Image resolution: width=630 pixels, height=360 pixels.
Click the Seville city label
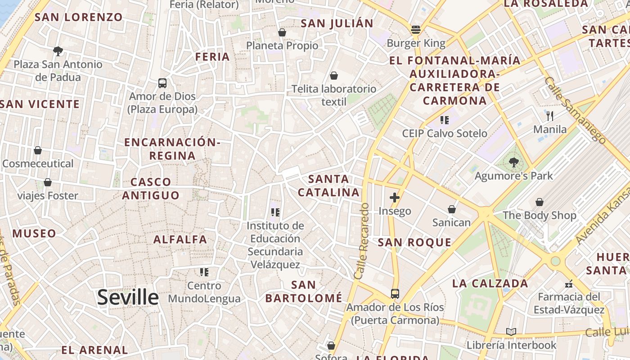pyautogui.click(x=128, y=297)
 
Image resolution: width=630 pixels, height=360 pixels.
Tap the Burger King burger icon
pyautogui.click(x=416, y=30)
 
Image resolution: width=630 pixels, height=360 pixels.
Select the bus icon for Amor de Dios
pyautogui.click(x=162, y=83)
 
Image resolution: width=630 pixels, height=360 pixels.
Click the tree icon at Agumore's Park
pyautogui.click(x=513, y=162)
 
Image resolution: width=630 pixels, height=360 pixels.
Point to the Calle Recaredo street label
pyautogui.click(x=362, y=241)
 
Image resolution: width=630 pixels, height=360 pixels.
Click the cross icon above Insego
pyautogui.click(x=395, y=198)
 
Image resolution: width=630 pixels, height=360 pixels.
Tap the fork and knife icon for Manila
pyautogui.click(x=550, y=116)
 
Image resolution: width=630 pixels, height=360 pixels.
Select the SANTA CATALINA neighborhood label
pyautogui.click(x=328, y=186)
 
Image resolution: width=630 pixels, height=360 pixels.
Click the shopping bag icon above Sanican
pyautogui.click(x=452, y=209)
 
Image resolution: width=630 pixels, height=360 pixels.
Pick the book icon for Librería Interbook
pyautogui.click(x=511, y=332)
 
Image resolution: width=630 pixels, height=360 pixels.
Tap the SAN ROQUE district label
pyautogui.click(x=414, y=243)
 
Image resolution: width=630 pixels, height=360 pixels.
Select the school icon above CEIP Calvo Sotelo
pyautogui.click(x=445, y=120)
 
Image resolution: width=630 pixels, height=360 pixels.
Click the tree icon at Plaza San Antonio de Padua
pyautogui.click(x=58, y=51)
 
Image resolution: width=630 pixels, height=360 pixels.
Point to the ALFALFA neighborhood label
pyautogui.click(x=180, y=239)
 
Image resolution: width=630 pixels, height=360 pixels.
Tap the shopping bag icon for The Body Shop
pyautogui.click(x=539, y=202)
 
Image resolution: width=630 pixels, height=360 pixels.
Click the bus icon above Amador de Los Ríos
pyautogui.click(x=395, y=294)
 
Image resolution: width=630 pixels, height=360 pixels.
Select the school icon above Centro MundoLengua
pyautogui.click(x=204, y=272)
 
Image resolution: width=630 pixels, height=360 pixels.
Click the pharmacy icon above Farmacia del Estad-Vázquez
pyautogui.click(x=569, y=283)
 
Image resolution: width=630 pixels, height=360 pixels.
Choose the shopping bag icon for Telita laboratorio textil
pyautogui.click(x=334, y=75)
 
